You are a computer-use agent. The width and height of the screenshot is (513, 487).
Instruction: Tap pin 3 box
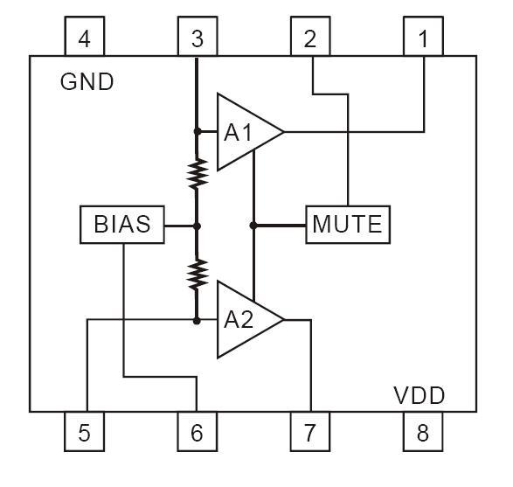pyautogui.click(x=198, y=39)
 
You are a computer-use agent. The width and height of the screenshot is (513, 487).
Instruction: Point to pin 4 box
pyautogui.click(x=85, y=39)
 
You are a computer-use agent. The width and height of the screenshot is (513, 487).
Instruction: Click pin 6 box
pyautogui.click(x=198, y=431)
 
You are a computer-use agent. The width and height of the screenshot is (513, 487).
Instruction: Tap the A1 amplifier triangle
pyautogui.click(x=244, y=132)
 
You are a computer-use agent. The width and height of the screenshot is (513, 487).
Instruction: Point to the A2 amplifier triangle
pyautogui.click(x=244, y=320)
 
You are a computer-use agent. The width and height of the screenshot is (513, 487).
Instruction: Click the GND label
pyautogui.click(x=87, y=82)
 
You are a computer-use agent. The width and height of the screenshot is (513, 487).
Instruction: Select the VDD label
pyautogui.click(x=418, y=396)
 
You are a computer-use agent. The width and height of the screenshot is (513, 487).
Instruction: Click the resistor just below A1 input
pyautogui.click(x=198, y=172)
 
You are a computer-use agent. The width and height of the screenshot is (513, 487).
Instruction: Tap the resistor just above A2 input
pyautogui.click(x=198, y=273)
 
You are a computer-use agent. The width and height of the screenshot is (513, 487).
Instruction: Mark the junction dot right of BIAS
pyautogui.click(x=198, y=226)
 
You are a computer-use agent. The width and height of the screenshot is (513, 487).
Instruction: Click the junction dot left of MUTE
pyautogui.click(x=253, y=226)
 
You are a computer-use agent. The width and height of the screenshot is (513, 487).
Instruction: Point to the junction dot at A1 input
pyautogui.click(x=198, y=132)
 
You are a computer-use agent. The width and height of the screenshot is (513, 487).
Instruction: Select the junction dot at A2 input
pyautogui.click(x=198, y=321)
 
